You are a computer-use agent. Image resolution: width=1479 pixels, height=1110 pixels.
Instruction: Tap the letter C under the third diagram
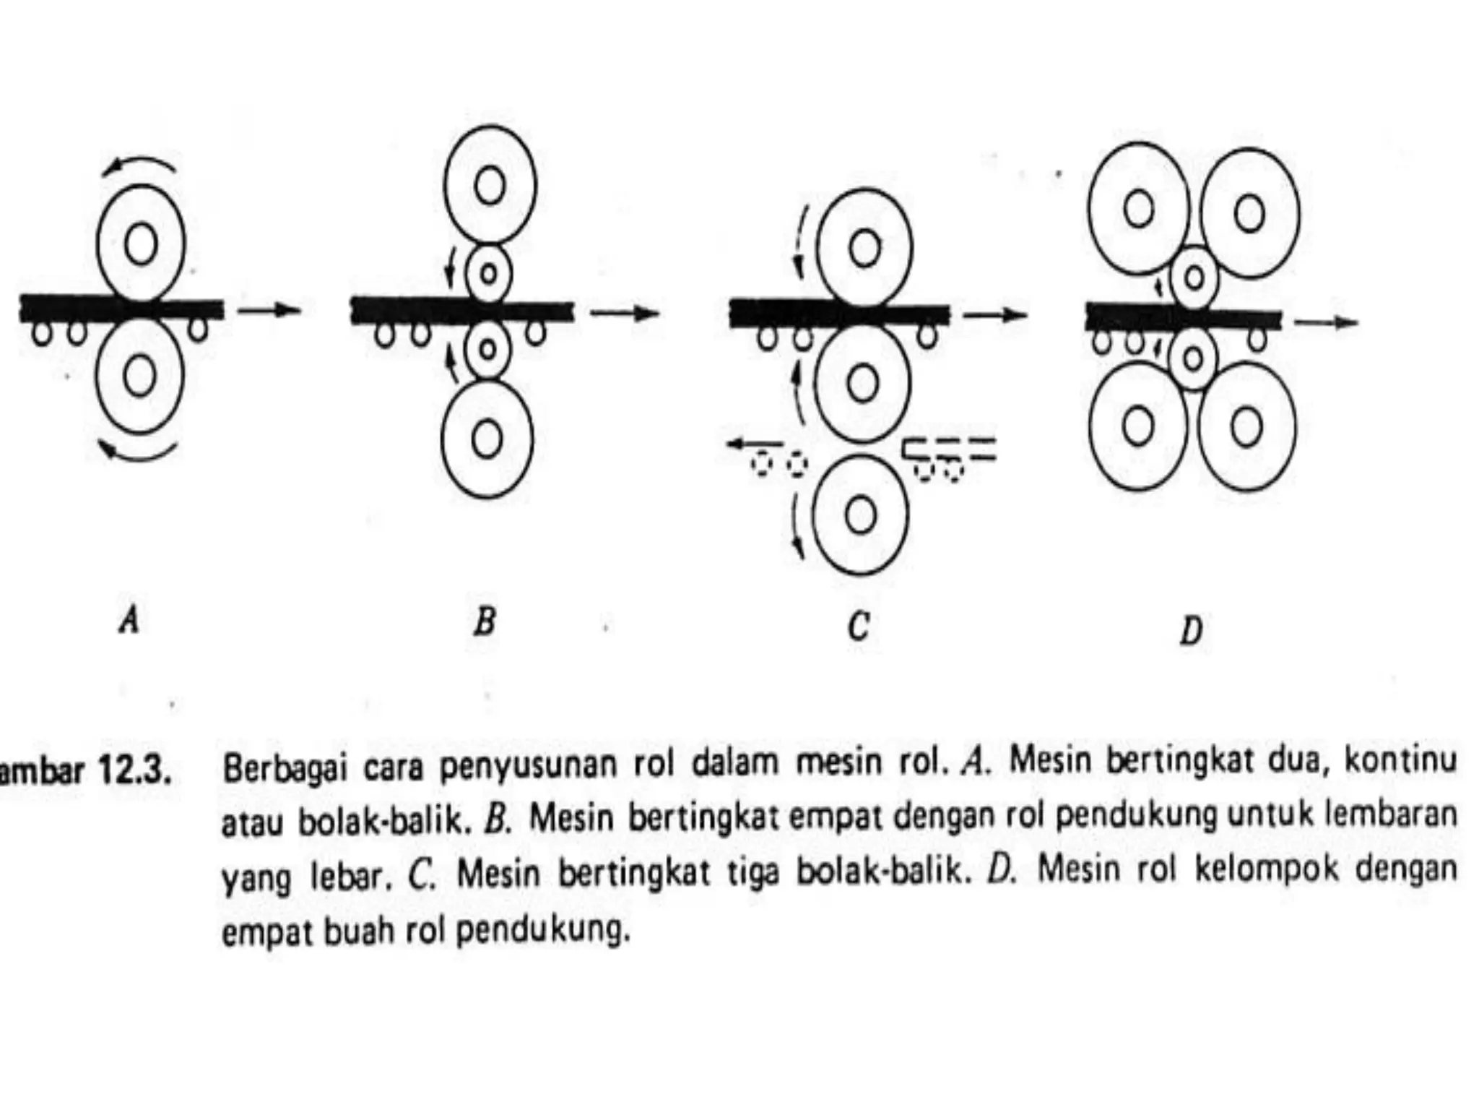858,626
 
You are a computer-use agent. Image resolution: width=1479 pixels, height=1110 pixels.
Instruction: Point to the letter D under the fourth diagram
1191,630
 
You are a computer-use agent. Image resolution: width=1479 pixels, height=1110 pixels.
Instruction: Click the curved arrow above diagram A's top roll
139,163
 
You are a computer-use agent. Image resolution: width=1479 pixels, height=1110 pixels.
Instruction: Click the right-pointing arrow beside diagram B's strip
625,313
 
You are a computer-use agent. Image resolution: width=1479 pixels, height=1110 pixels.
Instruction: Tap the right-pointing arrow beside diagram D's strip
1326,322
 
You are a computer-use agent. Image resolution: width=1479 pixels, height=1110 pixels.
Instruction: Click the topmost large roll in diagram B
490,185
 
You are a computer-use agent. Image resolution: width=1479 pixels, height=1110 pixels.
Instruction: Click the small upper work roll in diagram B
488,274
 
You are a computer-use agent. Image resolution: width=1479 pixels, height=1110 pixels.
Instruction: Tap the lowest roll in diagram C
859,515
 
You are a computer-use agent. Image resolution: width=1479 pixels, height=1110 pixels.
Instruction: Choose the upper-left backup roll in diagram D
1138,210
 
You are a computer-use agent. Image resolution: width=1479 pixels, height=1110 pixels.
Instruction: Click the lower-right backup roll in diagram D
1246,426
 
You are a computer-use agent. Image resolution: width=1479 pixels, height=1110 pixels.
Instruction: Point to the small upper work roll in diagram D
1193,277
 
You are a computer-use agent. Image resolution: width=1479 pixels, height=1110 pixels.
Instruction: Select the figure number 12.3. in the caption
134,773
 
